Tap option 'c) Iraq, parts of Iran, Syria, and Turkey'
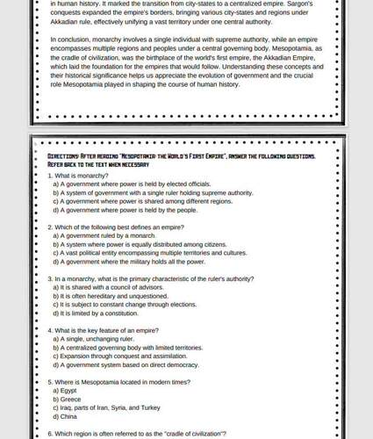point(106,407)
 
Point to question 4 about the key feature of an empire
point(104,330)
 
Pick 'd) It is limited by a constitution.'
point(97,313)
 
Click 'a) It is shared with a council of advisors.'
point(108,287)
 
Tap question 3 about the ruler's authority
point(151,278)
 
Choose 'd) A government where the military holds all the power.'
point(129,262)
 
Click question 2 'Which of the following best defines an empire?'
point(116,227)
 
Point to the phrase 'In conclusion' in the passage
point(69,40)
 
